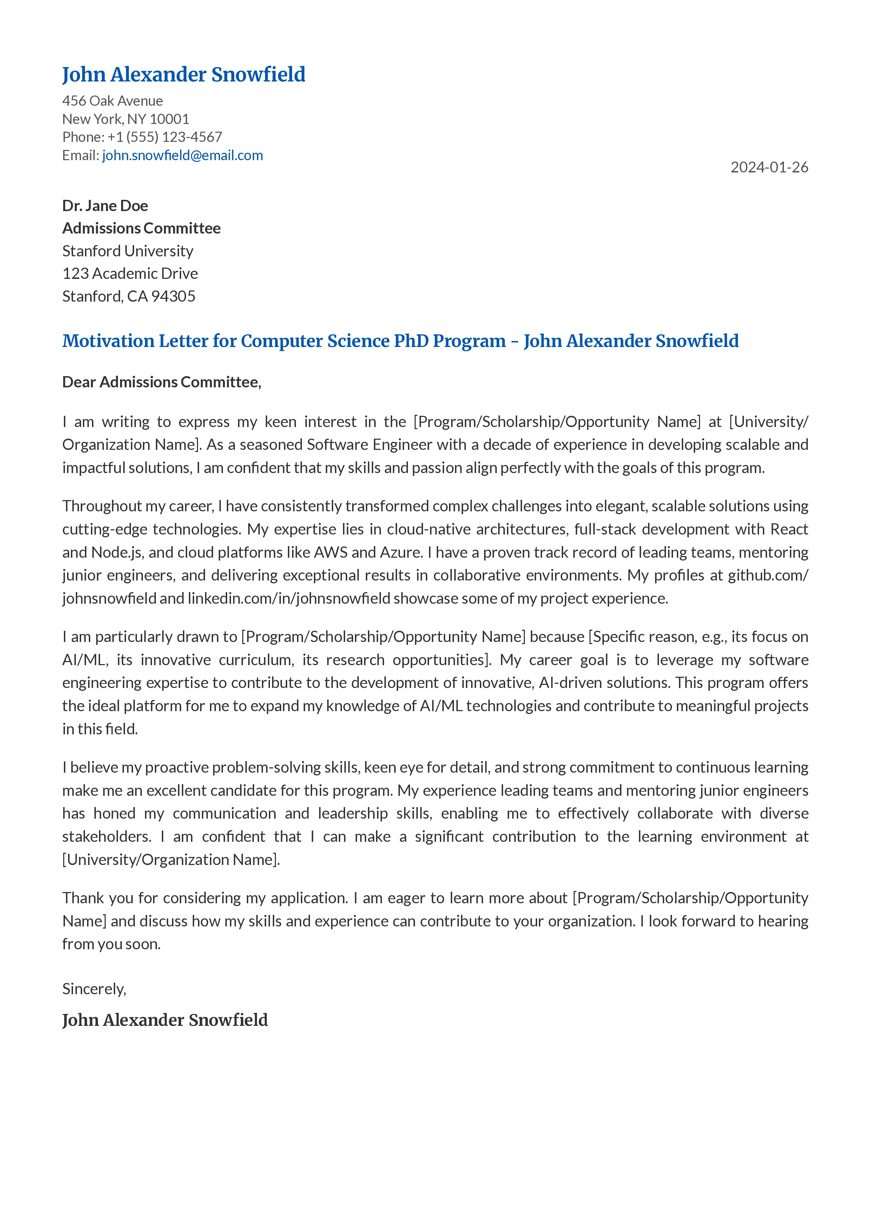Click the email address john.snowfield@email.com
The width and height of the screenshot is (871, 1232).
182,156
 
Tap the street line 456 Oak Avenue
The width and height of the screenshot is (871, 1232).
113,101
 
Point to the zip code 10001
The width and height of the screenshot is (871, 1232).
170,119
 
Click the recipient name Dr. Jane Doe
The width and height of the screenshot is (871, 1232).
105,206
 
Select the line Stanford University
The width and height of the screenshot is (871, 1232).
128,251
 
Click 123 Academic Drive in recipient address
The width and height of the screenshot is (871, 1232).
130,274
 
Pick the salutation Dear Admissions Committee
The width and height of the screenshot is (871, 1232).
161,382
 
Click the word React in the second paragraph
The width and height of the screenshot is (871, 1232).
788,530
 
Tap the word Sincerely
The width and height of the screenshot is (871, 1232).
94,989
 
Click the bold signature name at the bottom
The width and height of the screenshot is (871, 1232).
165,1020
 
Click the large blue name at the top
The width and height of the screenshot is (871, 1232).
183,74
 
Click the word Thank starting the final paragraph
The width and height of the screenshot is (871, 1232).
83,898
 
